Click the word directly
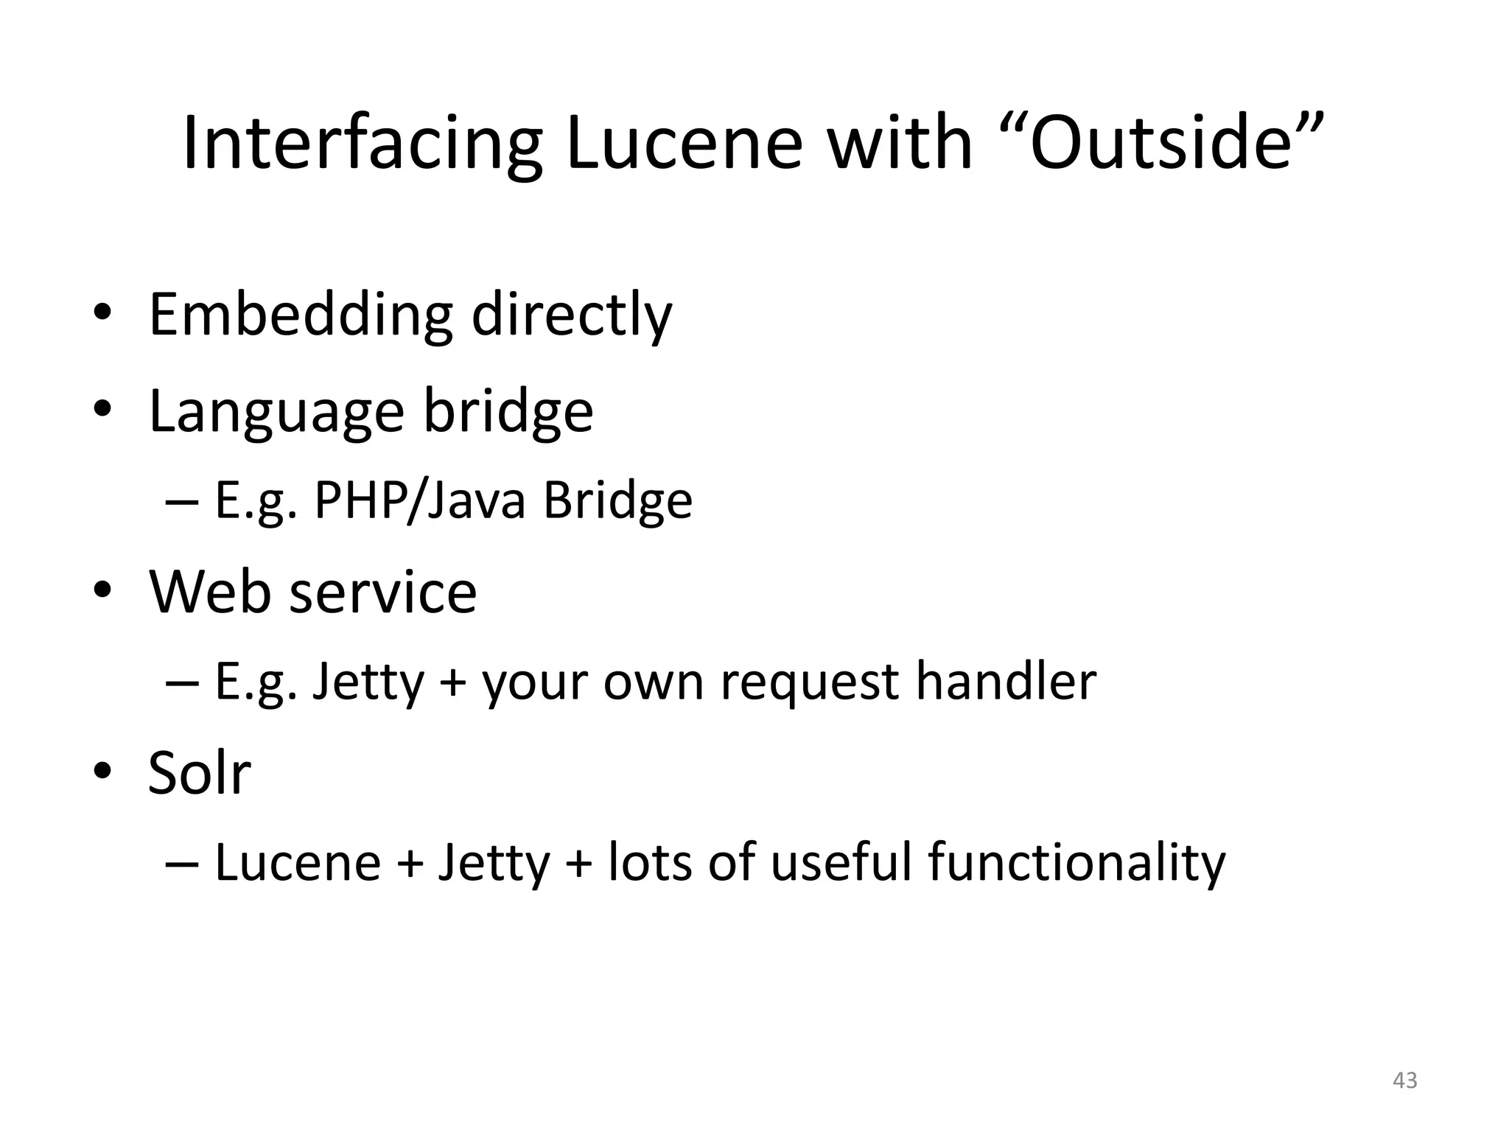click(571, 315)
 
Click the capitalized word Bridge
click(617, 500)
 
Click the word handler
click(1006, 681)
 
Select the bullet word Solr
click(199, 773)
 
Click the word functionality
click(1076, 863)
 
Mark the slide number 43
click(1405, 1080)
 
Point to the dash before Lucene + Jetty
click(182, 863)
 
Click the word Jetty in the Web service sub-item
click(368, 682)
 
